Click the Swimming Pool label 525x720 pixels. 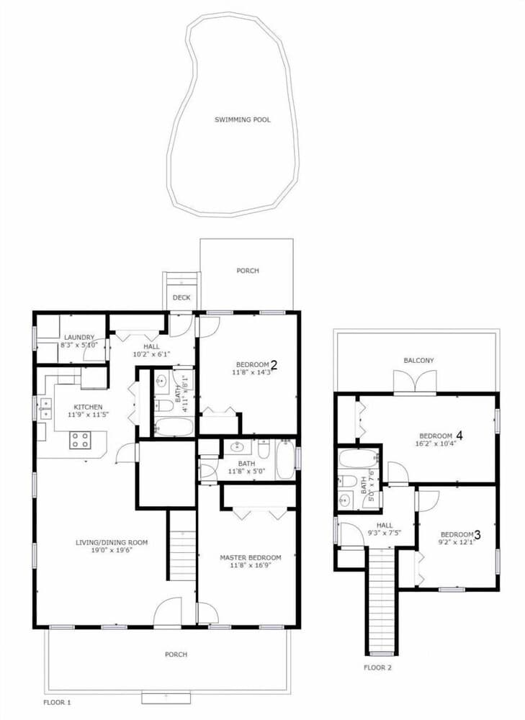(x=243, y=120)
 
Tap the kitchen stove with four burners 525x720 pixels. (x=80, y=440)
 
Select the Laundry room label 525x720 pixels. (x=79, y=338)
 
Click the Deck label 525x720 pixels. (x=181, y=297)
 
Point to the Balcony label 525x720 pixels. (x=418, y=361)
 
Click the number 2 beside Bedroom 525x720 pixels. (x=274, y=365)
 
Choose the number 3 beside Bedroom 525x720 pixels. (x=477, y=534)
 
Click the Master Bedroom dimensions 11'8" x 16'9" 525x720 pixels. (x=251, y=565)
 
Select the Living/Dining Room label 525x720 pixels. (x=112, y=543)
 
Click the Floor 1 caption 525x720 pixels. (x=57, y=703)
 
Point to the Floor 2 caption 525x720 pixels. (x=377, y=667)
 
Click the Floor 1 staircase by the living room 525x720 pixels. (x=183, y=545)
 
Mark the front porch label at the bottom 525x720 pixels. (x=176, y=654)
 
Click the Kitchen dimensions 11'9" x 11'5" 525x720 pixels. (x=88, y=415)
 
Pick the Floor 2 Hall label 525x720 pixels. (x=385, y=526)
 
